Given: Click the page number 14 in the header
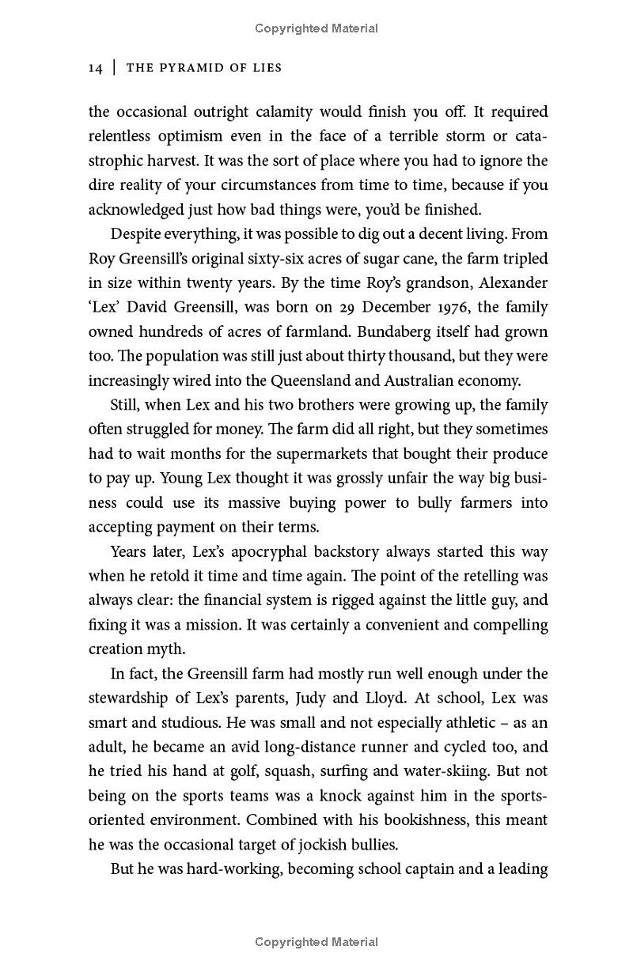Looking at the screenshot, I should [x=96, y=68].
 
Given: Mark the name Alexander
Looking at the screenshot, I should [x=510, y=283].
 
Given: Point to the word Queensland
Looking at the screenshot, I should [x=311, y=380].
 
